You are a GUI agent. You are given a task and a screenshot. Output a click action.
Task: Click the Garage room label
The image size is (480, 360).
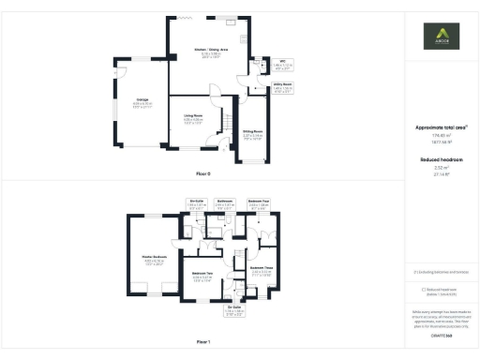[142, 98]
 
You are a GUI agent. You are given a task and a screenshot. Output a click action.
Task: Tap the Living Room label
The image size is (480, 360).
[193, 115]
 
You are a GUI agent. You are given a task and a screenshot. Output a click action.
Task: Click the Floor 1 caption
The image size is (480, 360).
[202, 343]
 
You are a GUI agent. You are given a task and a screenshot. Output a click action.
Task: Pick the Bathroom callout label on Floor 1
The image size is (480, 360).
[225, 201]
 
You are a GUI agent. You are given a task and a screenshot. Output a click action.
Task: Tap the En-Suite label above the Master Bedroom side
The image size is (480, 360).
[197, 201]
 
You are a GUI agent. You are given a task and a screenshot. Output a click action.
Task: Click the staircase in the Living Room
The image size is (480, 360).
[225, 122]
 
